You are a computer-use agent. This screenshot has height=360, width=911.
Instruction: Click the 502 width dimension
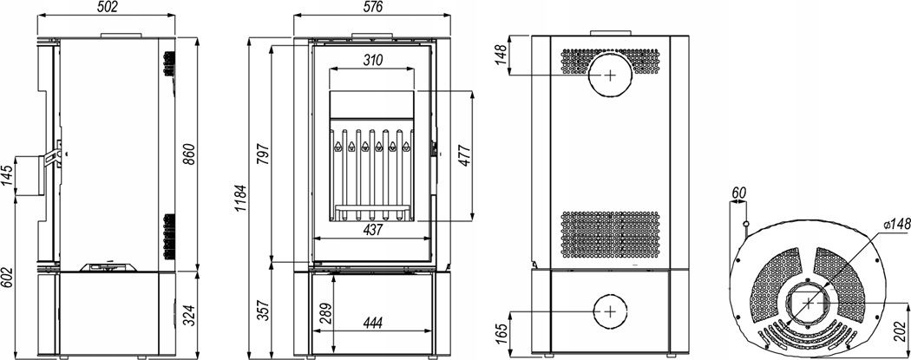(106, 8)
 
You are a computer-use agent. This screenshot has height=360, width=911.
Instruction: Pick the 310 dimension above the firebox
(372, 61)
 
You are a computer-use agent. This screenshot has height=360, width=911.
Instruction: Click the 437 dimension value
(372, 230)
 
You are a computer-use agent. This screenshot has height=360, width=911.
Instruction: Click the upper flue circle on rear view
(611, 75)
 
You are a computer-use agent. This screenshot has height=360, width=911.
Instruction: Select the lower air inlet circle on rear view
(611, 311)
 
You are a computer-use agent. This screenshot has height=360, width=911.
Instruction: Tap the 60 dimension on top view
(739, 192)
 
